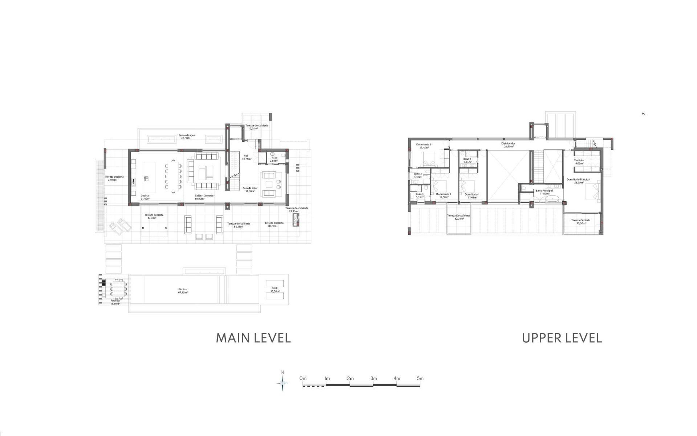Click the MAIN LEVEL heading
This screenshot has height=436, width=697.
point(253,338)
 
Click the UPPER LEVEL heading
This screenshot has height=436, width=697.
point(562,338)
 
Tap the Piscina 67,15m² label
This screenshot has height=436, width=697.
point(183,291)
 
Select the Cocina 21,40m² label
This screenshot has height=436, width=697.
point(145,197)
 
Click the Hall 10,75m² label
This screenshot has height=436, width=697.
point(246,157)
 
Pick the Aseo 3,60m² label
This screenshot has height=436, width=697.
point(274,159)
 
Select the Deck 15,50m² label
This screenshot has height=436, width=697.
point(274,290)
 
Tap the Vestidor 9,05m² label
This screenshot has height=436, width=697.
point(579,162)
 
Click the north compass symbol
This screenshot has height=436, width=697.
point(282,383)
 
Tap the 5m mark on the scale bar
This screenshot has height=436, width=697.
point(420,379)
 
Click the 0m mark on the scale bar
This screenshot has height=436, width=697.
point(303,379)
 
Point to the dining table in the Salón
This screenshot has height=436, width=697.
point(173,176)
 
